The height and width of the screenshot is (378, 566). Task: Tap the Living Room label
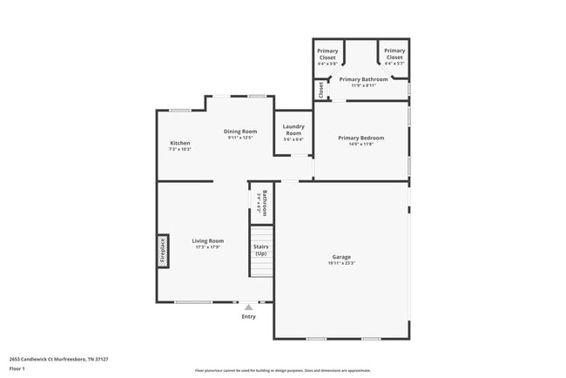pyautogui.click(x=209, y=240)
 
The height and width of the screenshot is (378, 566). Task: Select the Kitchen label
pyautogui.click(x=179, y=143)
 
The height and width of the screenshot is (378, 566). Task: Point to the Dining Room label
pyautogui.click(x=240, y=132)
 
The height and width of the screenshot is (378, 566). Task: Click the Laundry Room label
pyautogui.click(x=293, y=129)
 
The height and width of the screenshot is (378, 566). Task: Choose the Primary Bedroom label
pyautogui.click(x=360, y=138)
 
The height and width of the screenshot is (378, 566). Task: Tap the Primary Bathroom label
pyautogui.click(x=363, y=79)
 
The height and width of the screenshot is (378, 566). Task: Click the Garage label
pyautogui.click(x=341, y=257)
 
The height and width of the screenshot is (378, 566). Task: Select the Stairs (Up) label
pyautogui.click(x=260, y=249)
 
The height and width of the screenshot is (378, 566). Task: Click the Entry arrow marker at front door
pyautogui.click(x=249, y=307)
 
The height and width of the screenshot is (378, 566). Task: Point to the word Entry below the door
pyautogui.click(x=249, y=316)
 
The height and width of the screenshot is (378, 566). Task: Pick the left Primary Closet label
pyautogui.click(x=327, y=54)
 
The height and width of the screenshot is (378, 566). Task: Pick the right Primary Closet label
pyautogui.click(x=394, y=54)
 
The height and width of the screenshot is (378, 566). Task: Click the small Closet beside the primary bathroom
pyautogui.click(x=320, y=89)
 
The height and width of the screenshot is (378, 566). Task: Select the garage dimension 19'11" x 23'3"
pyautogui.click(x=341, y=263)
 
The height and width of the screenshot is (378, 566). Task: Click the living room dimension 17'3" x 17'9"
pyautogui.click(x=209, y=246)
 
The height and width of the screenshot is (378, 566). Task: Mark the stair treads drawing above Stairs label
pyautogui.click(x=261, y=233)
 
